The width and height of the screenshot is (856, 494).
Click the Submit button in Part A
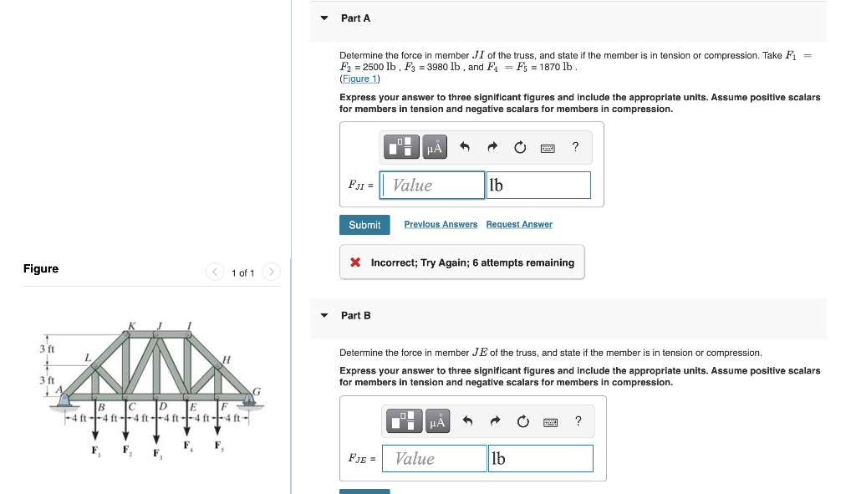click(x=364, y=225)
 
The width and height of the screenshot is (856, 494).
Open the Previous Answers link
click(x=441, y=225)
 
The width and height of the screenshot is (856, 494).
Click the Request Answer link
click(x=519, y=225)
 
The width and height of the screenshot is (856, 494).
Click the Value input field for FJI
click(x=432, y=186)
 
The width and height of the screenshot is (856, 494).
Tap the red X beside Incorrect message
click(x=355, y=262)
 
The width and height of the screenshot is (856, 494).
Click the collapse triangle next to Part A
click(x=324, y=18)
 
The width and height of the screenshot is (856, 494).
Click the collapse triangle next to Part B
click(x=324, y=316)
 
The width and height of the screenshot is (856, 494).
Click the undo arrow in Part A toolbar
click(x=466, y=148)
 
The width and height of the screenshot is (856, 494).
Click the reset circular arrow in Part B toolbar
click(x=522, y=421)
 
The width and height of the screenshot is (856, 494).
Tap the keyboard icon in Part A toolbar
click(x=547, y=148)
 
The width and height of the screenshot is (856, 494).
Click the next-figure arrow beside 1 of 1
click(x=271, y=272)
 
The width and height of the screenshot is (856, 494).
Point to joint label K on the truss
click(x=131, y=325)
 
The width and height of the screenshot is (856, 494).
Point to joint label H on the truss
click(x=226, y=359)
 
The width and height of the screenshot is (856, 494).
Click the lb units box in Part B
click(x=540, y=459)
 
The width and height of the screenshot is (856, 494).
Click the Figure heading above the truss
click(x=41, y=269)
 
